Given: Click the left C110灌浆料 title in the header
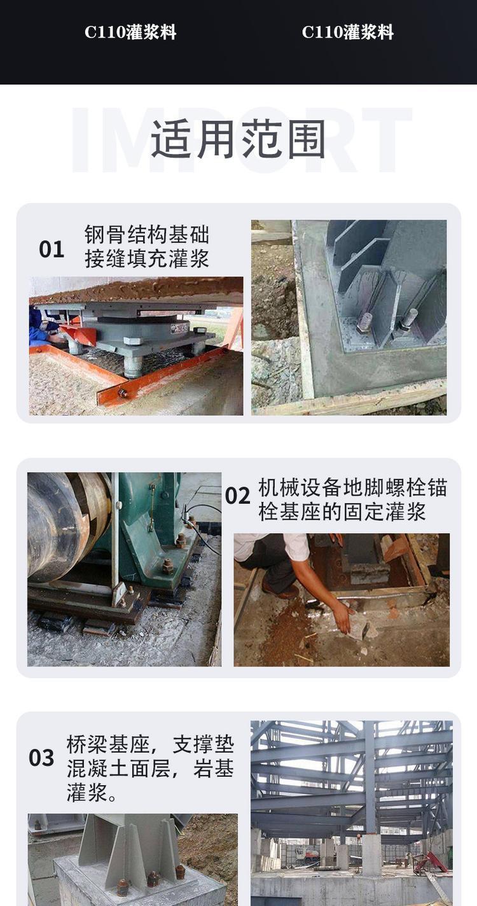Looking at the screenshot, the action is coord(130,32).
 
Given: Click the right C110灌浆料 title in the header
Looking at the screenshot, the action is coord(348,32).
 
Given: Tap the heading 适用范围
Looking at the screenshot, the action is coord(238,139).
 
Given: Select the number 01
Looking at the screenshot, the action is coord(52,249).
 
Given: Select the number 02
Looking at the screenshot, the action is coord(238,496).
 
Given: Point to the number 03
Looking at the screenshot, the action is coord(41,758).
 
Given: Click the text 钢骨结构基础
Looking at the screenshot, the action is coord(147,234).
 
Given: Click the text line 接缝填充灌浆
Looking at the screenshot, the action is coord(147,258).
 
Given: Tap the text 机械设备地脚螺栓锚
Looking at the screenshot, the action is coord(353,487).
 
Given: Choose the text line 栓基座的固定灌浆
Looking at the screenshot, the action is coord(342,512).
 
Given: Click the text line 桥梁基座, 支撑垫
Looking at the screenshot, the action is coord(150,744).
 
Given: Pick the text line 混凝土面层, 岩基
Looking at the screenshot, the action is coord(150,769).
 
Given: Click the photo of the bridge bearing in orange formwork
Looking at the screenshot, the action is coord(136,346).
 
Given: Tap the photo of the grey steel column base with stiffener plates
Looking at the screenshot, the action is coord(349,317).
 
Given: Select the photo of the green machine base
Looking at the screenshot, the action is coord(125,569).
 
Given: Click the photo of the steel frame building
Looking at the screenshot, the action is coord(351,813).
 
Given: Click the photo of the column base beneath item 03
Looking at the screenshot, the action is coord(132,860).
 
